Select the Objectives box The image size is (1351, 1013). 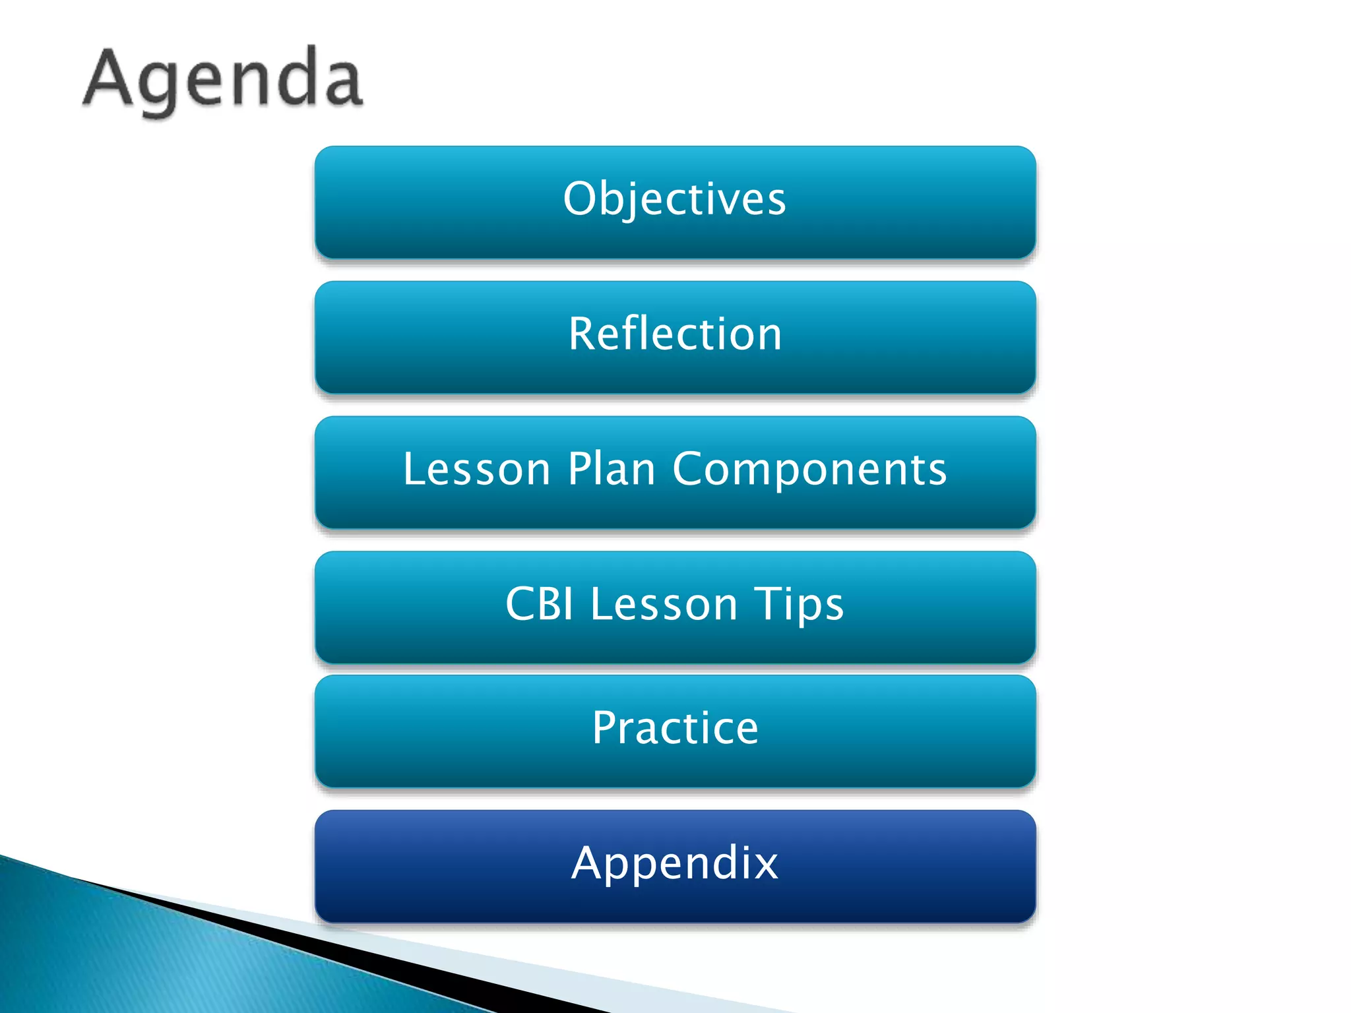675,202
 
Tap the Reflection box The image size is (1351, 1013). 675,336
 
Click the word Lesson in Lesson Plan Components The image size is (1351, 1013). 476,470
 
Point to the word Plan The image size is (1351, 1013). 611,470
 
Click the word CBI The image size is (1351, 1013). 539,604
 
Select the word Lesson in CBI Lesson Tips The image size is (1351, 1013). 663,604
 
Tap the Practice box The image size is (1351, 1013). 675,731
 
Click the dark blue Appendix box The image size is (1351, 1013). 675,865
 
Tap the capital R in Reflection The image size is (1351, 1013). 583,334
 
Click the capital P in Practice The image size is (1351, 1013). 605,727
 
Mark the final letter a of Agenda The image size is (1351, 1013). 344,84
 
